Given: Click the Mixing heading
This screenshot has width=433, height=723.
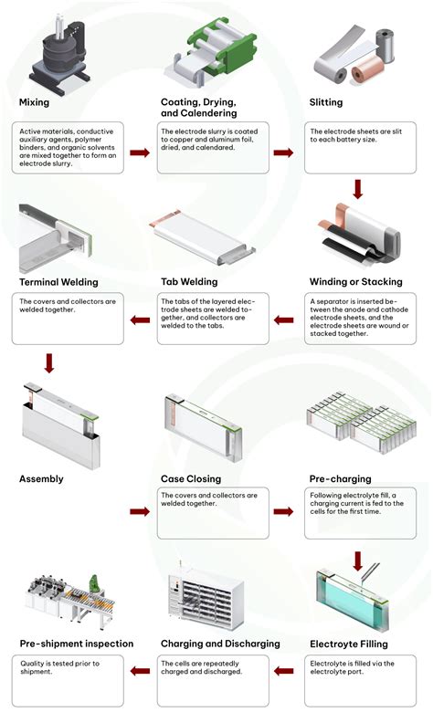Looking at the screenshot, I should coord(35,102).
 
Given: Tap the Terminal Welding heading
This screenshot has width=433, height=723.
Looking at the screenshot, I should coord(58,281).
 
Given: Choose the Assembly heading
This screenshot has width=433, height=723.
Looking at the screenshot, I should coord(42,477).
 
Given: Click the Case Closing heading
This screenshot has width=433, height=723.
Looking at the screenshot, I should coord(191,477).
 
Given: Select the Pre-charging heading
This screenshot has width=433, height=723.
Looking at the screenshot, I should coord(339,477).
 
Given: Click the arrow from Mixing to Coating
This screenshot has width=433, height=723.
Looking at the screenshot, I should coord(140,152).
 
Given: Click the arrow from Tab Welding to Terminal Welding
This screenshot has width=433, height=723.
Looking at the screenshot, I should coord(140,320).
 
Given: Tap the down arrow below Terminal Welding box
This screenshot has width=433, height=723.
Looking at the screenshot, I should coord(49,362).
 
